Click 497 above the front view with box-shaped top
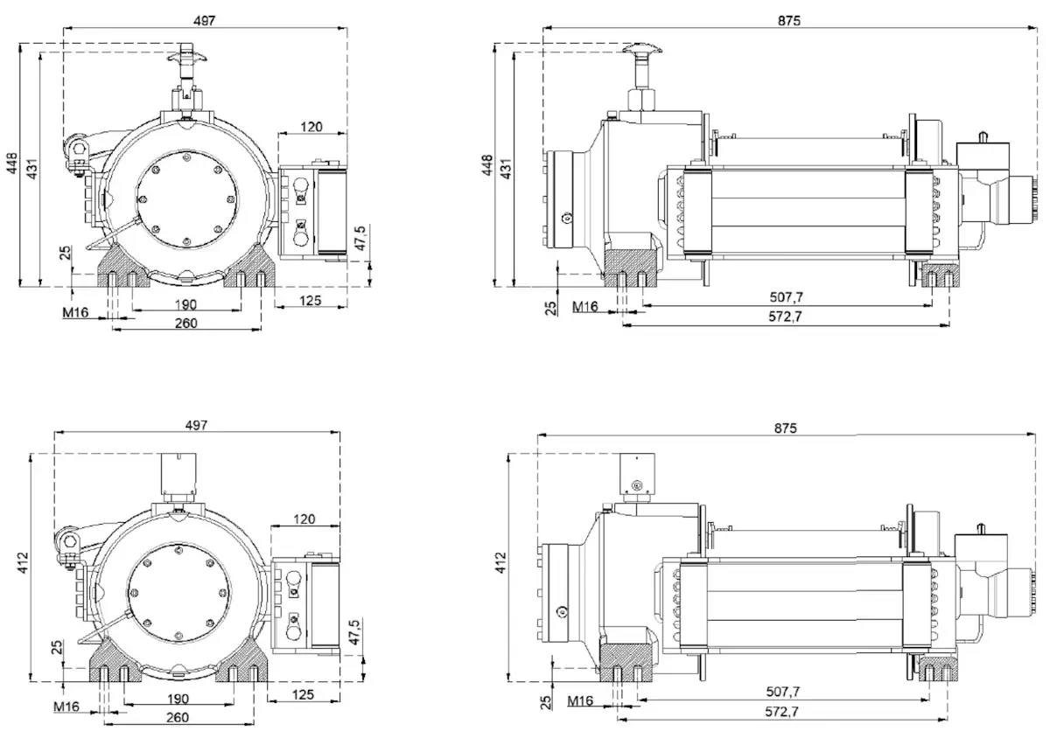coord(196,425)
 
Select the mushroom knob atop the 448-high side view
coord(641,54)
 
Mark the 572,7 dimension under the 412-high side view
coord(781,712)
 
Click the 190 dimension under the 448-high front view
coord(185,304)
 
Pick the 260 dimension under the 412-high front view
coord(178,717)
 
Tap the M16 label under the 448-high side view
coord(584,306)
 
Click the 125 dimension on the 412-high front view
coord(302,695)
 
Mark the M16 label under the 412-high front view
coord(66,706)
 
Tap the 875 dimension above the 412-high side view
coord(785,428)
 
